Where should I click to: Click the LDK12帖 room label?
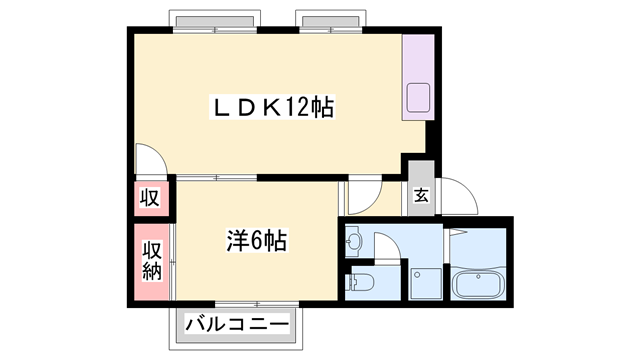272,107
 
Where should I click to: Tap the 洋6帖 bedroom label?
257,241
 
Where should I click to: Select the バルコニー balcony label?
237,325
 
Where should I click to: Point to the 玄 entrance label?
422,195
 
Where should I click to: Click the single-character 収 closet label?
150,198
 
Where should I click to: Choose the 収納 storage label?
152,261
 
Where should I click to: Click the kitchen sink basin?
418,98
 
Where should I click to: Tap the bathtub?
478,284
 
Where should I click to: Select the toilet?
359,282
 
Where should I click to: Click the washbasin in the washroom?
353,242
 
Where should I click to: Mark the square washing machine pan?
426,284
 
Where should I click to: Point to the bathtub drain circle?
478,277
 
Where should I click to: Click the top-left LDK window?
215,30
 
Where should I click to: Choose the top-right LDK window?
331,30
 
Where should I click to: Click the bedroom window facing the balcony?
257,304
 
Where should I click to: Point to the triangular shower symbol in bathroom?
458,232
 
